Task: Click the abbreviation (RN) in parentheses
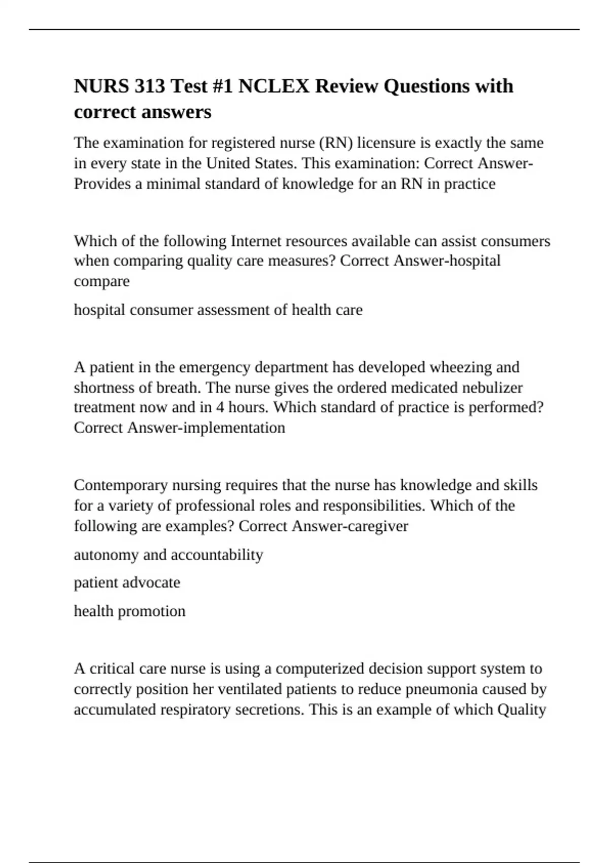(x=335, y=143)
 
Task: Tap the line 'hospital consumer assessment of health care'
(x=218, y=310)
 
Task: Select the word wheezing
(x=458, y=367)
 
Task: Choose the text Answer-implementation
(x=206, y=427)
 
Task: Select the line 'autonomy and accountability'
(x=168, y=554)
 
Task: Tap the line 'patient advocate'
(x=127, y=582)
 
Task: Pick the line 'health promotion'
(x=129, y=611)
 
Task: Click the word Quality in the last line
(x=522, y=709)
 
